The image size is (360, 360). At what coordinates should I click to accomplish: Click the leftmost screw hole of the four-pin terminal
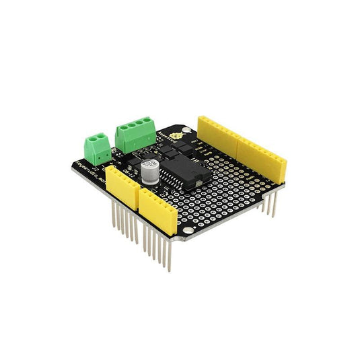tap(122, 127)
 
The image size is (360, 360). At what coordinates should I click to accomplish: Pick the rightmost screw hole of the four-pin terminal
tap(148, 122)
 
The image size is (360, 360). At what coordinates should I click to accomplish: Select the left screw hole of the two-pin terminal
tap(95, 140)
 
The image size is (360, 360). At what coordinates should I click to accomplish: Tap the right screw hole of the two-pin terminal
tap(104, 138)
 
